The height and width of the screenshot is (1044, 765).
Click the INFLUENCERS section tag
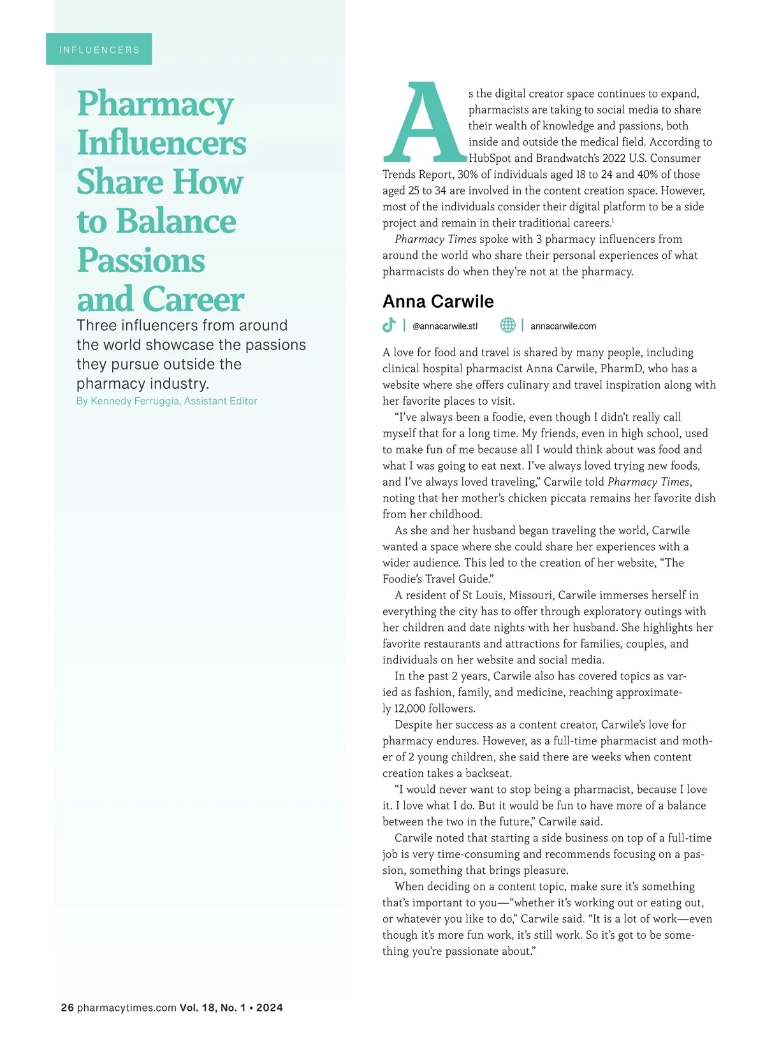99,50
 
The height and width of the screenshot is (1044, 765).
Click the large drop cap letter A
424,123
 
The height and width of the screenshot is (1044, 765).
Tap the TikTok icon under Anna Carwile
389,326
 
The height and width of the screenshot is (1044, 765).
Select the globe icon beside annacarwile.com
507,326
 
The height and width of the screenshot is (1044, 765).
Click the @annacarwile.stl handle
445,326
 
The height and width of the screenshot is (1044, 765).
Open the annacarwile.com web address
563,326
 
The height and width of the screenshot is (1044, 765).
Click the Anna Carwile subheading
438,301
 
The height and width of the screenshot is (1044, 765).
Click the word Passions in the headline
141,261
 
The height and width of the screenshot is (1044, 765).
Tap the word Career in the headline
193,300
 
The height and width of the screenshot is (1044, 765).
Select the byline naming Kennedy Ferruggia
166,401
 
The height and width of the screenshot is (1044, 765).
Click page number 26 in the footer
67,1008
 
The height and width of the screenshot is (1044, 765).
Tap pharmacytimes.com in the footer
126,1008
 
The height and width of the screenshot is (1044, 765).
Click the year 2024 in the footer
270,1008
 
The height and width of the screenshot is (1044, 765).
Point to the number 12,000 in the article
410,708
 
